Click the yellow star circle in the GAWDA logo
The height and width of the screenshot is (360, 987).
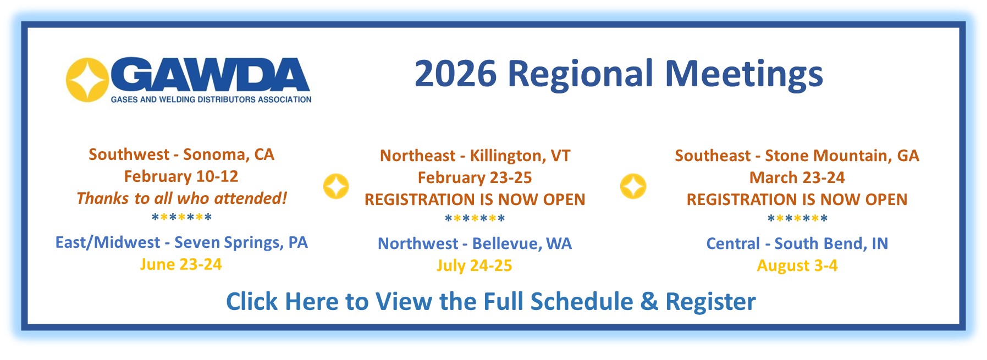(x=87, y=80)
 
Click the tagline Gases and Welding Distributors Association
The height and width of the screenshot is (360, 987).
(x=211, y=99)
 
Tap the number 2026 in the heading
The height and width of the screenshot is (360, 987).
(x=455, y=74)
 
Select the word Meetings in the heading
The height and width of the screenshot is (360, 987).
(x=744, y=74)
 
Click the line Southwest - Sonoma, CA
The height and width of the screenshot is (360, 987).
(x=181, y=154)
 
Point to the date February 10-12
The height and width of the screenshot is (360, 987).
(x=181, y=176)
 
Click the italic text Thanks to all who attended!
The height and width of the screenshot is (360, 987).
(x=181, y=198)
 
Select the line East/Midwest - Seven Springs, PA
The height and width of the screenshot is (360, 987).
(x=181, y=242)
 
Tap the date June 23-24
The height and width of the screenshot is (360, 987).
(x=181, y=264)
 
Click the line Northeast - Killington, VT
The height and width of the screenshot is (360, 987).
(x=475, y=156)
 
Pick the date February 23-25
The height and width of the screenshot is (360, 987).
(x=475, y=178)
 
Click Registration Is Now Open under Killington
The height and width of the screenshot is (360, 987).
(x=475, y=200)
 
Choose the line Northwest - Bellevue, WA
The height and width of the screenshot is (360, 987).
(x=475, y=243)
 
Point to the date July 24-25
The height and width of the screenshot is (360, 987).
(x=474, y=265)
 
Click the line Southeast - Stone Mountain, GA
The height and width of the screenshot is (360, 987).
(x=797, y=156)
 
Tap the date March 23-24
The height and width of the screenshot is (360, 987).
(x=797, y=178)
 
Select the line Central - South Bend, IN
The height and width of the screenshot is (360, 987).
(x=797, y=243)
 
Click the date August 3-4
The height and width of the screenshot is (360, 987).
(x=797, y=265)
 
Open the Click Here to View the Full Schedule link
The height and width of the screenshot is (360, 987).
(x=490, y=302)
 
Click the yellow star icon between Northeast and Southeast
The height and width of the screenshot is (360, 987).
(x=633, y=186)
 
